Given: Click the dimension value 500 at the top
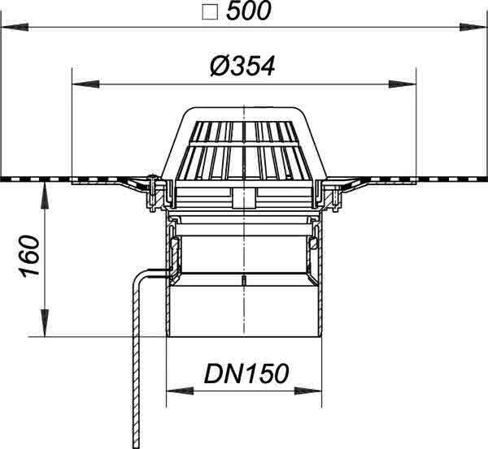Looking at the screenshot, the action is pos(249,11).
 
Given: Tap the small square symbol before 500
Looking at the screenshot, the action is pos(210,13).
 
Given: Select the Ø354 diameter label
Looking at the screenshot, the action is pos(242,67).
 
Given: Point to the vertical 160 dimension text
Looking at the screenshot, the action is pos(30,256).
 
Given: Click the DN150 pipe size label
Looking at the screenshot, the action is pos(246,373).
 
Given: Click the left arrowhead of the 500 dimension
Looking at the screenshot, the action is pos(15,28).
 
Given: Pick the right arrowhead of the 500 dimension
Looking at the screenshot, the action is pos(473,28).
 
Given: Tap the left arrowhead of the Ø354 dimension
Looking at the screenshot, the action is pos(85,84).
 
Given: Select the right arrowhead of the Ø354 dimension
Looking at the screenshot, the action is pos(403,84).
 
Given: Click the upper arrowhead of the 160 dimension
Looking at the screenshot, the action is pos(46,196).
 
